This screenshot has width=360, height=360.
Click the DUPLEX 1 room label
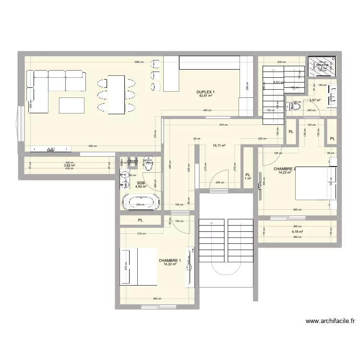tap(205, 92)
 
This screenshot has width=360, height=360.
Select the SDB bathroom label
tap(141, 183)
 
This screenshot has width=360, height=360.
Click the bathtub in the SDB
tap(140, 202)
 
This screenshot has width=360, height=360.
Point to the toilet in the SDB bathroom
tap(148, 162)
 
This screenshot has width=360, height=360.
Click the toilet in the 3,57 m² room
tap(295, 107)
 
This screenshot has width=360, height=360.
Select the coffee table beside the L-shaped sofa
tap(71, 104)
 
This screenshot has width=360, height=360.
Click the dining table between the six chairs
tap(116, 95)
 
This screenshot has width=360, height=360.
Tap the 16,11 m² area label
tap(219, 146)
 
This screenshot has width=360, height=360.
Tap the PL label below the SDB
tap(141, 220)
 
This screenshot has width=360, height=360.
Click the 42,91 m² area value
tap(205, 96)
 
